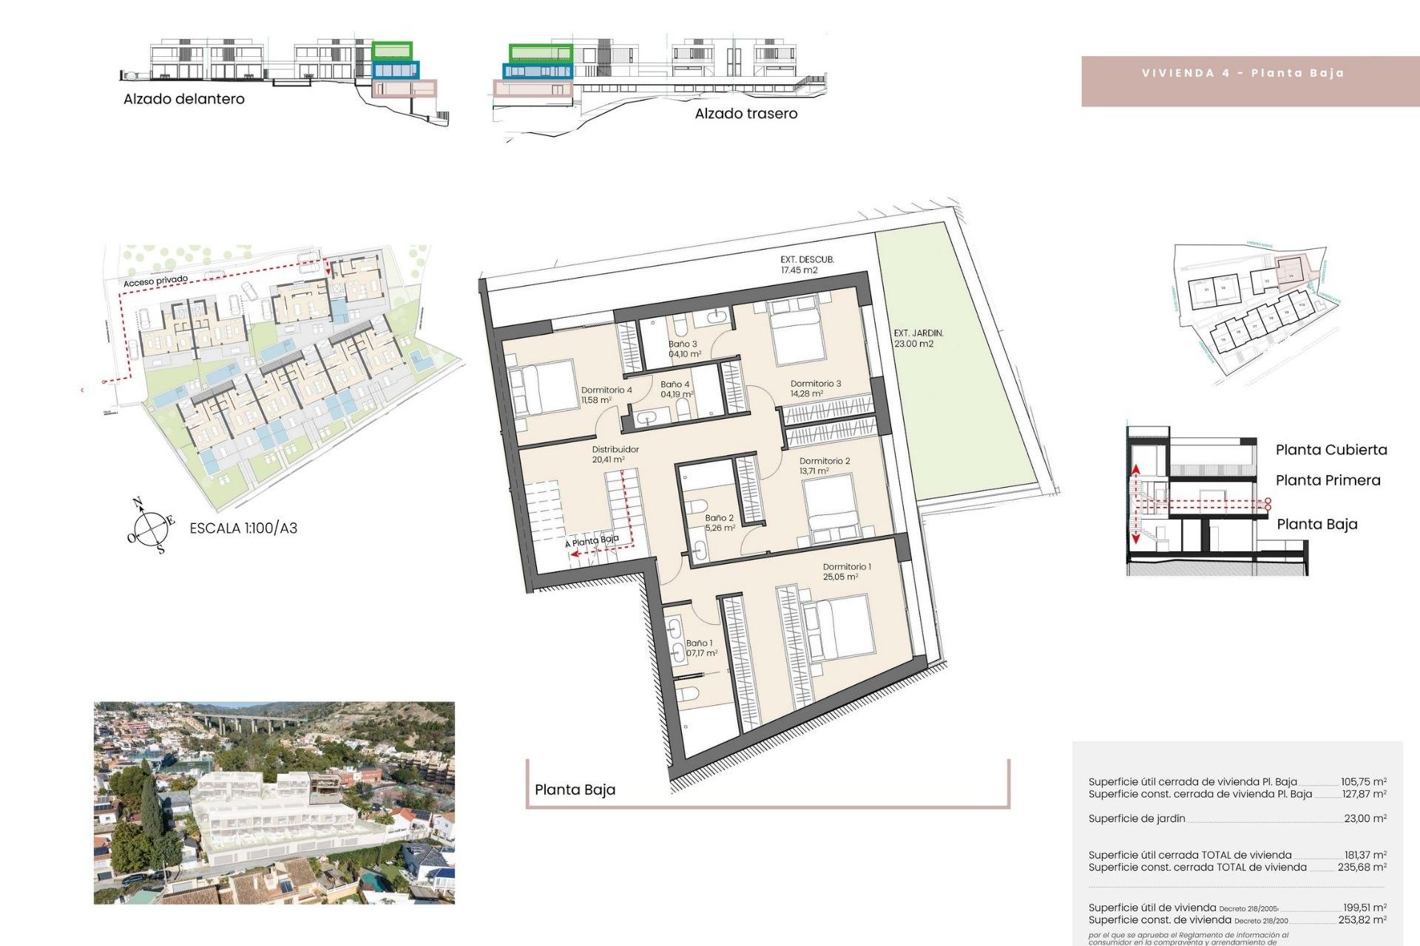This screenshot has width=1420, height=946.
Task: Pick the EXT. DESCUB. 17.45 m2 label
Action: pos(806,265)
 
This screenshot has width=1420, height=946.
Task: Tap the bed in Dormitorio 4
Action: pos(544,387)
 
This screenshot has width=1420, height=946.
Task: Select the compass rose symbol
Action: pos(150,527)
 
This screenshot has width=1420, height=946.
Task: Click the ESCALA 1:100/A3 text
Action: pos(243,528)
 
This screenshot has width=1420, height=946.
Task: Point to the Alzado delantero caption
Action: pos(183,99)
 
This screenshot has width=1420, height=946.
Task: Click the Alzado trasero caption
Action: pos(745,114)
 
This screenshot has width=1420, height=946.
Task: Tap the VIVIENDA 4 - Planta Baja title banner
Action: pos(1242,73)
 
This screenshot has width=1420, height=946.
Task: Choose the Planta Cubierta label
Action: pos(1331,450)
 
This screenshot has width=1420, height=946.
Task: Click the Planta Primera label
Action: pos(1328,480)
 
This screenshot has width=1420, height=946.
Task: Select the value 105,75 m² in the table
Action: pos(1364,782)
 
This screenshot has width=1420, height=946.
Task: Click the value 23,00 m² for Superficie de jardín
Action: pos(1365,819)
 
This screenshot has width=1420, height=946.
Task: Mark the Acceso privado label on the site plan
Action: pos(155,281)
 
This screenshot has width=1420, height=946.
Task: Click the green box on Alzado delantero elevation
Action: pos(391,51)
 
